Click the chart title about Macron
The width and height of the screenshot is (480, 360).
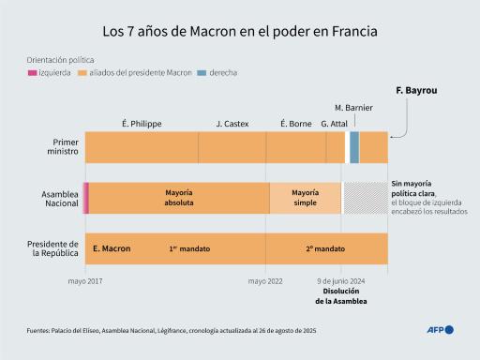pos(239,31)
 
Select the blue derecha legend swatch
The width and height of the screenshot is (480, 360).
pos(202,72)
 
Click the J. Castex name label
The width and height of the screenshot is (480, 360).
pos(232,124)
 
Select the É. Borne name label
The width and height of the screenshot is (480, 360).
pos(296,124)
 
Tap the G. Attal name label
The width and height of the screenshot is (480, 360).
pos(335,124)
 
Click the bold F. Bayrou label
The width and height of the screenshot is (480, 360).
pos(416,91)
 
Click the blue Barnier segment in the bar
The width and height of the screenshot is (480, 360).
pos(354,148)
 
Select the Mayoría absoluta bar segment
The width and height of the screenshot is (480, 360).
pos(179,198)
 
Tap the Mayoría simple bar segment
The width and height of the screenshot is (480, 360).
pos(306,198)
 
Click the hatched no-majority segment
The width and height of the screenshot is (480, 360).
pos(365,198)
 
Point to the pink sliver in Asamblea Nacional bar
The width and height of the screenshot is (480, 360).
pos(85,198)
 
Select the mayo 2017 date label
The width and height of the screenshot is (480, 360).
pos(85,280)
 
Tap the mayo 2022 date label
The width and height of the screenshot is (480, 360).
pos(265,280)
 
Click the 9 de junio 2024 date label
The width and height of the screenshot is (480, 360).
pos(340,280)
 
